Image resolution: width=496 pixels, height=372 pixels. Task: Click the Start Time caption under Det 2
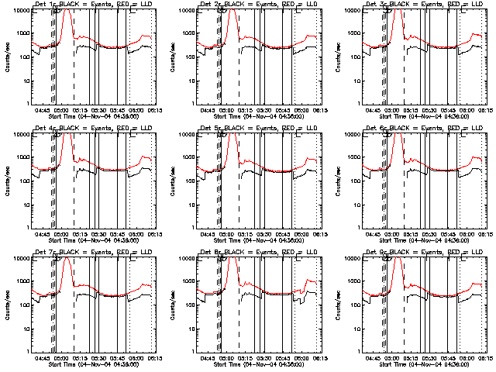click(258, 117)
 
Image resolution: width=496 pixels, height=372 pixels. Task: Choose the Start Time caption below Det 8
click(258, 365)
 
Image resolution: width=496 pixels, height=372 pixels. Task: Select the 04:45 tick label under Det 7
click(44, 359)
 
